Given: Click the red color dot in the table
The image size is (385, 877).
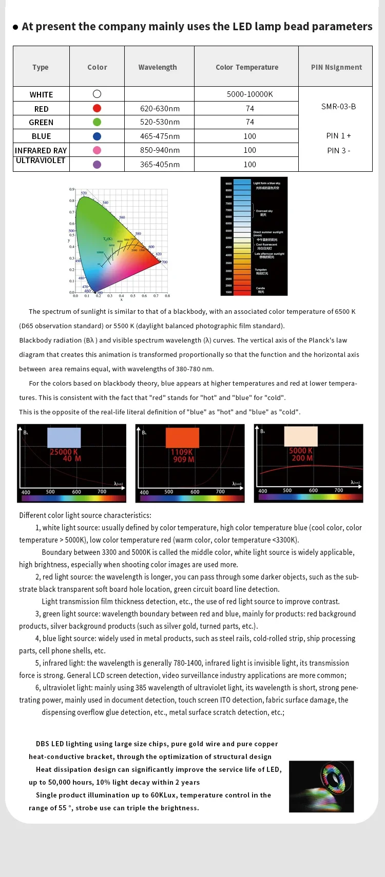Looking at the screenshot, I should [97, 108].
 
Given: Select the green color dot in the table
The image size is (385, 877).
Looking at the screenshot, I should [97, 122].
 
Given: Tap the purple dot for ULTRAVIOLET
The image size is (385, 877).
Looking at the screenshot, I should [97, 165].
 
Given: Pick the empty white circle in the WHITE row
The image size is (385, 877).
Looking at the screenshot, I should [97, 94].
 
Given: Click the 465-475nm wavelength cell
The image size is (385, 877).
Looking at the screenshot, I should [160, 136].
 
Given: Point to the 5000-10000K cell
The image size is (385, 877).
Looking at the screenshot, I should [249, 94].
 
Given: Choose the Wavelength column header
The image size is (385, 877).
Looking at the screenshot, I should [158, 67].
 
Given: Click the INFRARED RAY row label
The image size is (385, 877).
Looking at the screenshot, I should [41, 150].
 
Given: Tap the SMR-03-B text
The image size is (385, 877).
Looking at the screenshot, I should [338, 107].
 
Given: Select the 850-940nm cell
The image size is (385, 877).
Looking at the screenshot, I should [160, 150].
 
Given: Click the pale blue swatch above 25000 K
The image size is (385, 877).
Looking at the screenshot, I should [64, 437].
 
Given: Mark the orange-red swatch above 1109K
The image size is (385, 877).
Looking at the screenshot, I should [182, 437].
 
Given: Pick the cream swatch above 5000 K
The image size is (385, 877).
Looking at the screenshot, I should [301, 436].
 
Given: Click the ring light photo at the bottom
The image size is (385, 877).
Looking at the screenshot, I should [321, 786].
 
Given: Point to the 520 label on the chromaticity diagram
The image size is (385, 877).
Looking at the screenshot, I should [84, 193].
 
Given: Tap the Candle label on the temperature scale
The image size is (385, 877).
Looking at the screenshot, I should [261, 289].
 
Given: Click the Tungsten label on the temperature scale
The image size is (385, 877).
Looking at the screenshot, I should [261, 270].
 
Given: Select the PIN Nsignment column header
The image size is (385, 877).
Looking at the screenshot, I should [336, 67].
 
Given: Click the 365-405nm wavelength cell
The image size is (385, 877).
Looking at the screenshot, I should [160, 165].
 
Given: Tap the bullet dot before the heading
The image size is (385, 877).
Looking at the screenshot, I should [15, 27].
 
